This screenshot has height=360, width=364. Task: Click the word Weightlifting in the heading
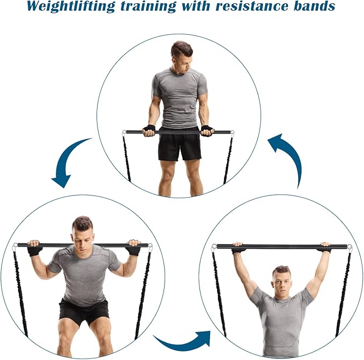pos(71,6)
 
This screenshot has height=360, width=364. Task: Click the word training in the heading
pos(148,7)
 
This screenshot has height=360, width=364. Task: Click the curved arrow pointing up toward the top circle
pos(290,157)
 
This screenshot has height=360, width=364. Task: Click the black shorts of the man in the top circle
pos(180,147)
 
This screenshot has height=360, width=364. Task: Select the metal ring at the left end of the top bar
pos(124,133)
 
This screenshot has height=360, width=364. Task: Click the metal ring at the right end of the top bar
pos(232,133)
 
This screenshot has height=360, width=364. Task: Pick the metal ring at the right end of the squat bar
pos(150,246)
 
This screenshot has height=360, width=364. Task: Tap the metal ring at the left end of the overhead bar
pos(214,246)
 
